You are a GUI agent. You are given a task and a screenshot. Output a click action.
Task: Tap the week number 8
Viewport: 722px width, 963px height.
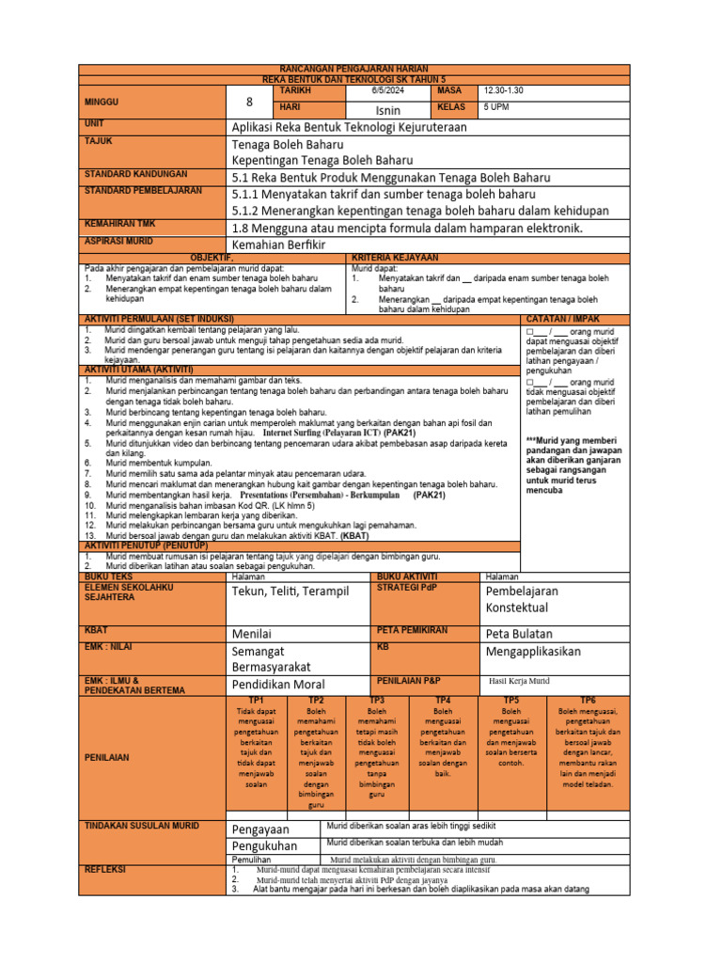[x=249, y=102]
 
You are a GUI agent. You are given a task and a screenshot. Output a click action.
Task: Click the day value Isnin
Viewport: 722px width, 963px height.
[x=387, y=110]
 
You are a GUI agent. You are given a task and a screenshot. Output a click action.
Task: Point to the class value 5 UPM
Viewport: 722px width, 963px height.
[x=496, y=108]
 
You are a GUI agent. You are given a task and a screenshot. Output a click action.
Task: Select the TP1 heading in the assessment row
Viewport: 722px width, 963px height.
[x=256, y=701]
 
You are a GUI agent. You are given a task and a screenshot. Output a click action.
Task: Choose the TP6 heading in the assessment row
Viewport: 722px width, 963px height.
[x=588, y=701]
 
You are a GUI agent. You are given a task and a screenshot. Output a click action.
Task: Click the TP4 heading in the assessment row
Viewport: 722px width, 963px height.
[x=443, y=701]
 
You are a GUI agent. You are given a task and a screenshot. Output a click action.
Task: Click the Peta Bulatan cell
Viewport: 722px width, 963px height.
[x=519, y=634]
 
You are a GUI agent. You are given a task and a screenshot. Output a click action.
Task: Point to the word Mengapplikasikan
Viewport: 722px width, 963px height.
[x=533, y=651]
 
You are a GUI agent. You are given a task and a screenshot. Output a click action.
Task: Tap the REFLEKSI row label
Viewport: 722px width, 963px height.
[x=105, y=870]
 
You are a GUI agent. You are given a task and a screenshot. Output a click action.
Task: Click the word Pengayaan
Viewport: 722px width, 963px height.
[x=260, y=829]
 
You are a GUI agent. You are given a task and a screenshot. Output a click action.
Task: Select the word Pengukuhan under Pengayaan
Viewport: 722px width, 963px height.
[x=263, y=846]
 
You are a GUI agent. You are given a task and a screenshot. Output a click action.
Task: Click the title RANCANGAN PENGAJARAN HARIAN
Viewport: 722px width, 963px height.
[x=354, y=71]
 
